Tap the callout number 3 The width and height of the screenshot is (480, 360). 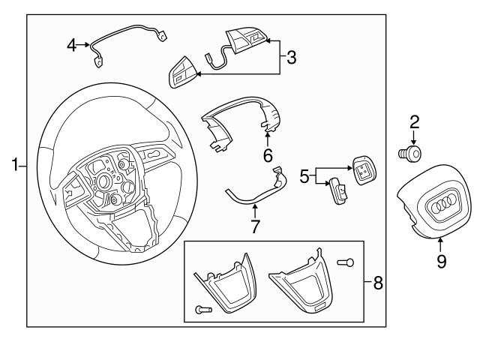point(292,55)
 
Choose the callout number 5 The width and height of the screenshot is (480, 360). point(304,177)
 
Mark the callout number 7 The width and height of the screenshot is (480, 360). point(255,226)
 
